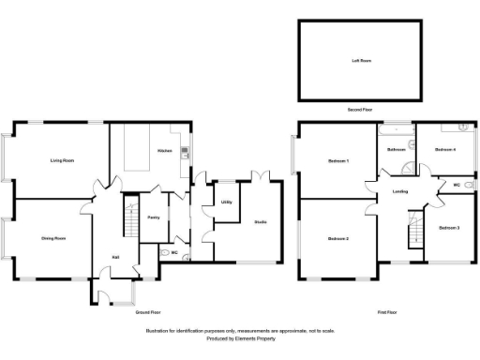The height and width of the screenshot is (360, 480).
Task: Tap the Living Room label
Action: [62, 161]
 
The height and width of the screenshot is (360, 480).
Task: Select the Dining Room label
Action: [52, 239]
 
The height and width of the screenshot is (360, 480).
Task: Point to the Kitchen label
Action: [164, 151]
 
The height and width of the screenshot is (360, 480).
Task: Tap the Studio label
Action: [261, 221]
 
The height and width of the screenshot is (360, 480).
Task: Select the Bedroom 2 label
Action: [338, 239]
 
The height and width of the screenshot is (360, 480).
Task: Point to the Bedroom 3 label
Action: [449, 228]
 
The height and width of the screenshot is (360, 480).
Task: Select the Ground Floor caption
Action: [148, 311]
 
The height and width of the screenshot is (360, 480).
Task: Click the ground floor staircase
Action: [131, 221]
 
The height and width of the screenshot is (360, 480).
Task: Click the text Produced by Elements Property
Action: [240, 338]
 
